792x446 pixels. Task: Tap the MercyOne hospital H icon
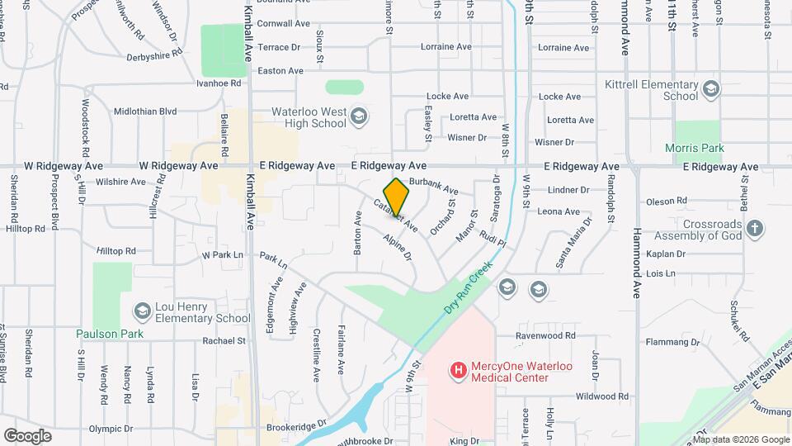coord(458,369)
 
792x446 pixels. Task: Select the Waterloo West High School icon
coord(358,116)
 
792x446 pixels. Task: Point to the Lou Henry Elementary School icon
coord(142,311)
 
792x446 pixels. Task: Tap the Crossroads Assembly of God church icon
coord(754,227)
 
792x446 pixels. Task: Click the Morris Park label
coord(694,149)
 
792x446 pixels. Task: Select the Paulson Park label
coord(110,334)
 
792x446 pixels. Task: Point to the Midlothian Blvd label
coord(145,111)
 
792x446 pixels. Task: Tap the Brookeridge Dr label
coord(297,429)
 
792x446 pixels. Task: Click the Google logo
coord(28,435)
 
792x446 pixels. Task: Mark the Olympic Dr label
coord(111,429)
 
